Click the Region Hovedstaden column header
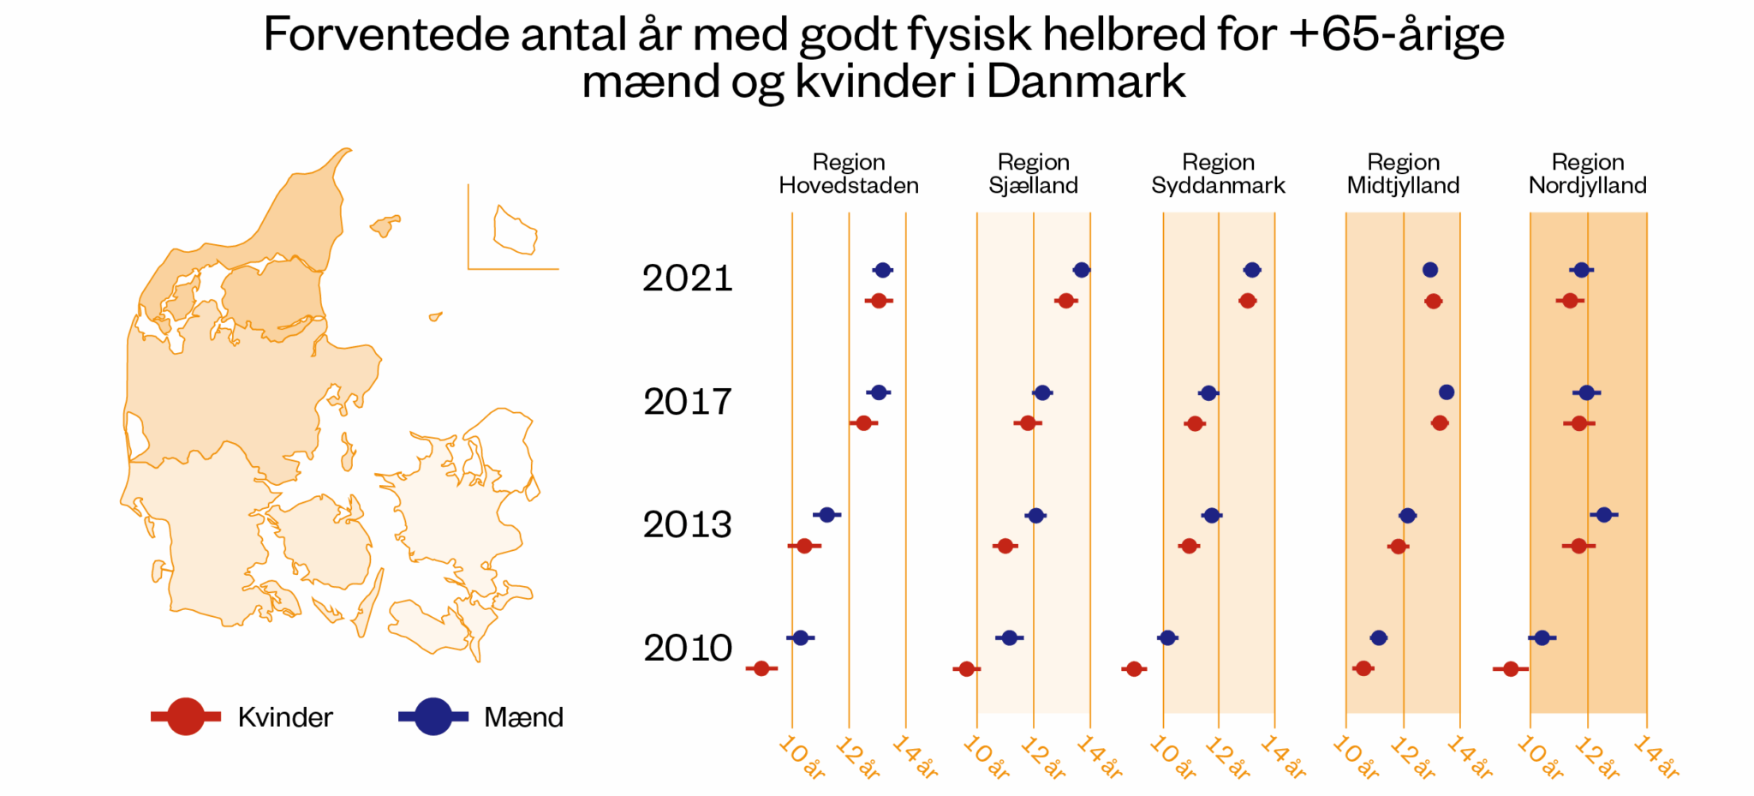coord(848,174)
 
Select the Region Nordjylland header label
coord(1587,174)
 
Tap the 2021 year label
coord(687,278)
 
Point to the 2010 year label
coord(687,649)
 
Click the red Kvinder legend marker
coord(186,716)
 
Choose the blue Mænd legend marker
coord(433,716)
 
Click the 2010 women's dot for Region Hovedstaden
coord(761,668)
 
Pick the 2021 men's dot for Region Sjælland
coord(1082,270)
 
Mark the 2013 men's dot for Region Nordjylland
coord(1604,515)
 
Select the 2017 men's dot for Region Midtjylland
coord(1447,392)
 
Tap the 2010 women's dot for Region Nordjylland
coord(1511,668)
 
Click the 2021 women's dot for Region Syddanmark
coord(1248,301)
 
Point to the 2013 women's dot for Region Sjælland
coord(1005,546)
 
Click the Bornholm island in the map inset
coord(515,230)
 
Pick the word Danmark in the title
coord(1086,82)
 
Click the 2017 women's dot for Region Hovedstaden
coord(863,423)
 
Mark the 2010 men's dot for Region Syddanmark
coord(1167,637)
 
